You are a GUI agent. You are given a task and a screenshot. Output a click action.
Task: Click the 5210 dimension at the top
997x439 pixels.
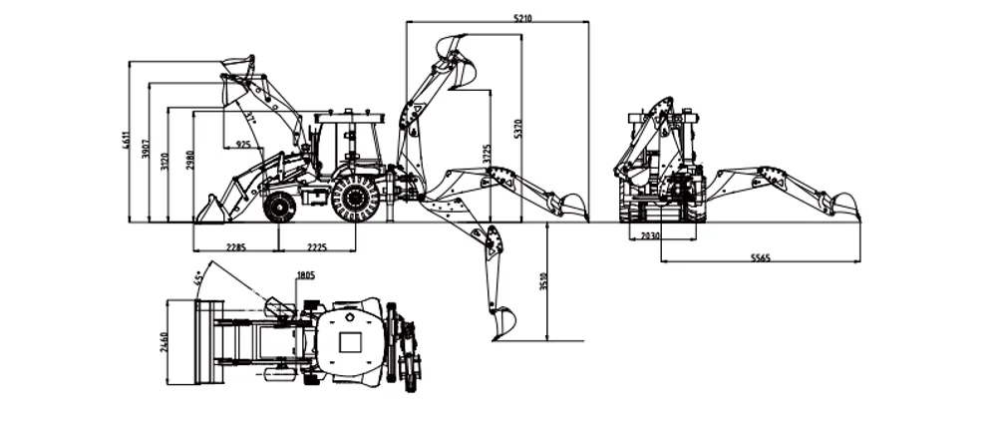pyautogui.click(x=523, y=17)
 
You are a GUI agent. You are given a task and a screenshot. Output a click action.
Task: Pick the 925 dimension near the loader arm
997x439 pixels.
pyautogui.click(x=242, y=145)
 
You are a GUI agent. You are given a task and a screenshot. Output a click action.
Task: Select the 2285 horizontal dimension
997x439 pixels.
pyautogui.click(x=236, y=246)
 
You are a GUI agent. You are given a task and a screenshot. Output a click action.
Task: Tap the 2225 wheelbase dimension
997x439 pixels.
pyautogui.click(x=317, y=246)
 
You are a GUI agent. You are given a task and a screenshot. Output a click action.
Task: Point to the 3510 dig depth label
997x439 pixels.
pyautogui.click(x=543, y=282)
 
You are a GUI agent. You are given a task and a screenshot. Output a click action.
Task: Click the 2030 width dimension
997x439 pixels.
pyautogui.click(x=650, y=235)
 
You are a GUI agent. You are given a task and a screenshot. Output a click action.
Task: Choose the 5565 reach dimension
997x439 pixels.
pyautogui.click(x=760, y=257)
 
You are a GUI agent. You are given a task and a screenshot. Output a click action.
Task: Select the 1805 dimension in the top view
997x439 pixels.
pyautogui.click(x=305, y=275)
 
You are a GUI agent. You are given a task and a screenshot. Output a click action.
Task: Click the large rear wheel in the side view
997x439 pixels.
pyautogui.click(x=355, y=200)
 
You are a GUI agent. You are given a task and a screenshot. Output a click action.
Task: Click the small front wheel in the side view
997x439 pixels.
pyautogui.click(x=280, y=208)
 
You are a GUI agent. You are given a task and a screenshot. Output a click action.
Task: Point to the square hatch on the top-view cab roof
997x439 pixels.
pyautogui.click(x=350, y=342)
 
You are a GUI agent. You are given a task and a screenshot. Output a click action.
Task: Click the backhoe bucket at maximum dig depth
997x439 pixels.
pyautogui.click(x=503, y=323)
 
